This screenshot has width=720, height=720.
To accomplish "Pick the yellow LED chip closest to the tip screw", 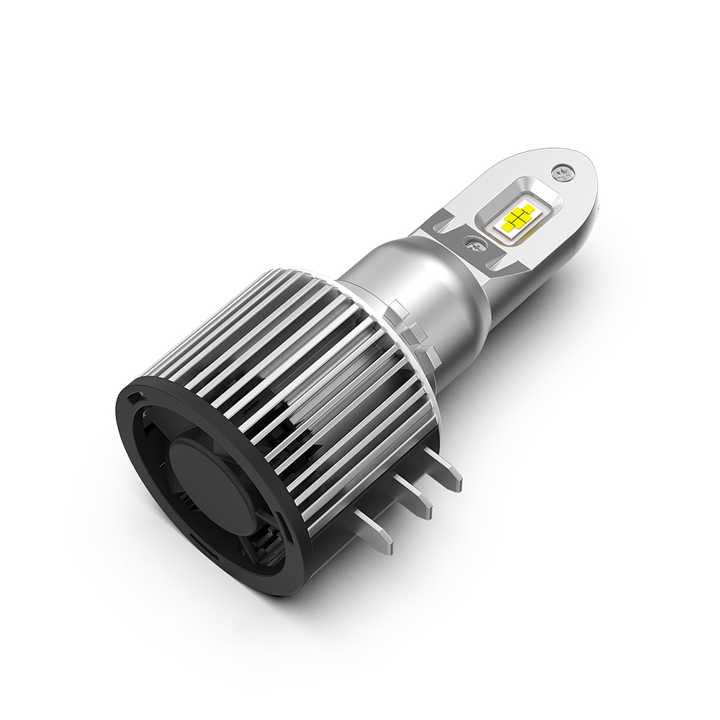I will [x=528, y=210].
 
